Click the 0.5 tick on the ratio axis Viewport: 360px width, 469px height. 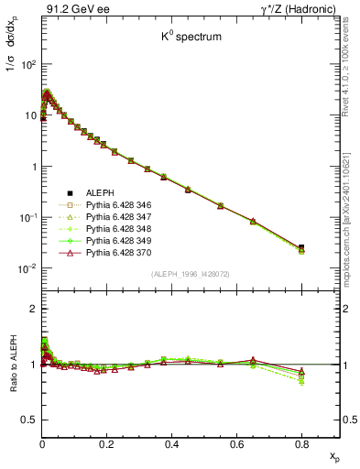coord(30,420)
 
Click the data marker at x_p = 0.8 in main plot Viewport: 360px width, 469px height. coord(301,247)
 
